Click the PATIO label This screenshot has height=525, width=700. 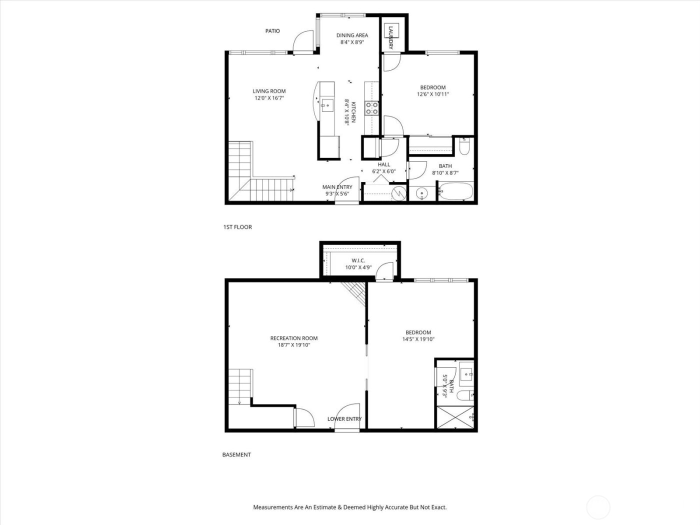272,31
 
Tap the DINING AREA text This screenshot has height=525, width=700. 352,35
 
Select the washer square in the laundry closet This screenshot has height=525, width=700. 390,31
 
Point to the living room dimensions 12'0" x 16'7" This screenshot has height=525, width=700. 269,98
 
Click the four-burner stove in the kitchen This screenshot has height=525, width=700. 371,108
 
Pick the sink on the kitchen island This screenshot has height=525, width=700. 327,105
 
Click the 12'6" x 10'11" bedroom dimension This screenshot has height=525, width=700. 433,94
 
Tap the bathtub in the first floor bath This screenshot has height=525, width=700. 455,192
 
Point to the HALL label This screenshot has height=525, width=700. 384,164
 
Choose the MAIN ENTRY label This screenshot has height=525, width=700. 337,187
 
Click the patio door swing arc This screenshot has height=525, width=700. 302,41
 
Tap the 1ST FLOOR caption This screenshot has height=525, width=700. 237,227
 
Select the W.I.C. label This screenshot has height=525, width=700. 358,260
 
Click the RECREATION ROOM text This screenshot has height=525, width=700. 294,338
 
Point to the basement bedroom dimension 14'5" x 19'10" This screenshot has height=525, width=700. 418,339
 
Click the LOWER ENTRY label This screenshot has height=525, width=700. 344,419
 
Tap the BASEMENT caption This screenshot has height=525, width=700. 236,454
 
